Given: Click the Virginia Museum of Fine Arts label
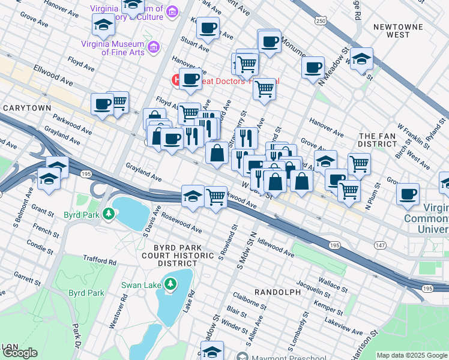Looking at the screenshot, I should (113, 48).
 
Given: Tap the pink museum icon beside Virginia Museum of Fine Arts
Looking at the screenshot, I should (153, 46).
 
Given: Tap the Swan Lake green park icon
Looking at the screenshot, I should (170, 283).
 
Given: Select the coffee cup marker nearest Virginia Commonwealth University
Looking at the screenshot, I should (408, 194).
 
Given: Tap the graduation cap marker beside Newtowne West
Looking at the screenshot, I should (361, 59).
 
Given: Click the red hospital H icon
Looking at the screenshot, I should (177, 79).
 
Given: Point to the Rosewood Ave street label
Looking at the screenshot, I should (181, 223).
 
